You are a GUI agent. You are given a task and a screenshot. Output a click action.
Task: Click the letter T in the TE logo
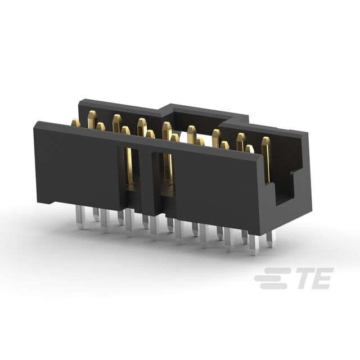pyautogui.click(x=302, y=278)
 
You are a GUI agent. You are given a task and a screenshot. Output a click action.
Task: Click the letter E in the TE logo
pyautogui.click(x=322, y=278)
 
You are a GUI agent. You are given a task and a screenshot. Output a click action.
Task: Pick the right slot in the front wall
pyautogui.click(x=167, y=172)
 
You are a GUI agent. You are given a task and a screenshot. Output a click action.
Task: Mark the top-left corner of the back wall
pyautogui.click(x=80, y=101)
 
